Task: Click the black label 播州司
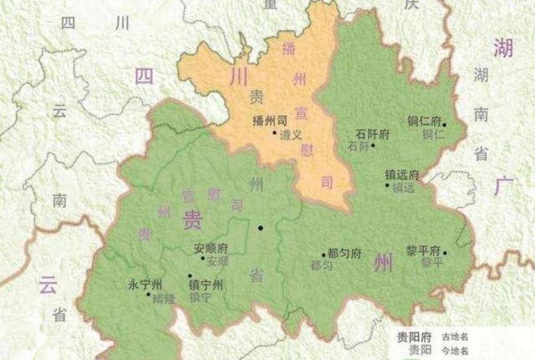[269, 120]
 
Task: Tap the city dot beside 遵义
[274, 132]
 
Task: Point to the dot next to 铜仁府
[445, 125]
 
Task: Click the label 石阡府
[372, 134]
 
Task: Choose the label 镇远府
[403, 175]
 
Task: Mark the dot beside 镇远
[387, 185]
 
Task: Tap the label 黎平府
[423, 250]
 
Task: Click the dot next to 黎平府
[445, 253]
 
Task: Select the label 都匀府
[345, 253]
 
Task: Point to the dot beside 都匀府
[324, 256]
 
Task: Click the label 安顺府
[211, 248]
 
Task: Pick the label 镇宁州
[206, 284]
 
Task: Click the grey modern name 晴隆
[164, 298]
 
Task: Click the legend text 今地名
[455, 350]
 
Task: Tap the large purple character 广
[504, 187]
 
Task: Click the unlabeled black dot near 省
[260, 228]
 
